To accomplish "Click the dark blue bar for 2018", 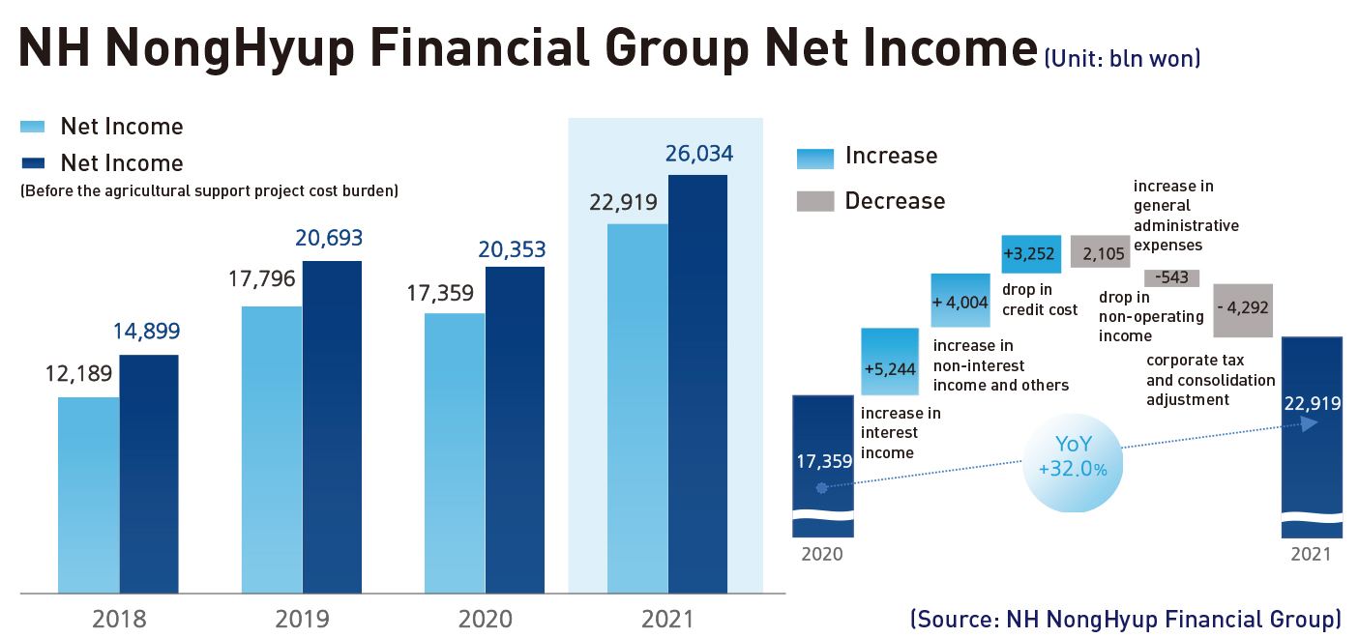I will (149, 474).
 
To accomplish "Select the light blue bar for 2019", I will (272, 449).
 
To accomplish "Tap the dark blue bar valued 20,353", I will (515, 429).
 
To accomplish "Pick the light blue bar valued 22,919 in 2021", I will (637, 408).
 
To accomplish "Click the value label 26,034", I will (698, 153).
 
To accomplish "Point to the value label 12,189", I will (79, 373).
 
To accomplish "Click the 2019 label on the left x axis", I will (302, 619).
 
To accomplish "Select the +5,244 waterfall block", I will (890, 362).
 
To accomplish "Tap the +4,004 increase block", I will (960, 301).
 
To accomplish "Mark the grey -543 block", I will (1171, 278).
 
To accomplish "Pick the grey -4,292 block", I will (1242, 310).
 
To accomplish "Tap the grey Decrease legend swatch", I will (814, 201).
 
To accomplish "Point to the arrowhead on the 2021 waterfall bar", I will (1309, 423).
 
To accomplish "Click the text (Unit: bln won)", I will (1122, 59).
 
